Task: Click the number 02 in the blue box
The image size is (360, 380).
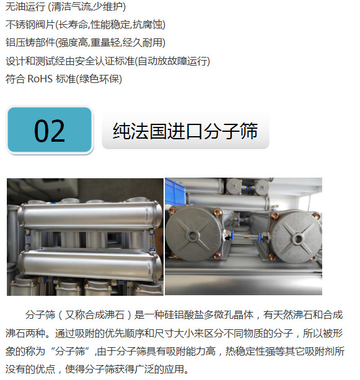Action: pyautogui.click(x=50, y=131)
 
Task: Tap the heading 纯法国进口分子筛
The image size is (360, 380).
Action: pyautogui.click(x=185, y=131)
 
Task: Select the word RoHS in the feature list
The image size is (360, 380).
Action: pyautogui.click(x=40, y=79)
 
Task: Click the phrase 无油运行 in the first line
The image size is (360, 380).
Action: pyautogui.click(x=25, y=7)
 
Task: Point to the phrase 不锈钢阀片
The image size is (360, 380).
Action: pyautogui.click(x=30, y=25)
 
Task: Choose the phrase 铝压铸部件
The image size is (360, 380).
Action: pyautogui.click(x=30, y=43)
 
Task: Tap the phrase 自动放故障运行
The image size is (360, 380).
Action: pyautogui.click(x=172, y=61)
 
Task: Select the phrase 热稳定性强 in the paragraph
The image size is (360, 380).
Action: pyautogui.click(x=250, y=351)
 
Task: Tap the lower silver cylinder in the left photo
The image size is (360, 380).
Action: pyautogui.click(x=90, y=265)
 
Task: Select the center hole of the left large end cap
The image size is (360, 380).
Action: pyautogui.click(x=193, y=235)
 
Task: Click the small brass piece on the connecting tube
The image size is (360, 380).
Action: pyautogui.click(x=246, y=236)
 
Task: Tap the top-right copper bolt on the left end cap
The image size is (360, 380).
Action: pyautogui.click(x=216, y=213)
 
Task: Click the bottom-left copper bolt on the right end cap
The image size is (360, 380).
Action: pyautogui.click(x=272, y=256)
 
